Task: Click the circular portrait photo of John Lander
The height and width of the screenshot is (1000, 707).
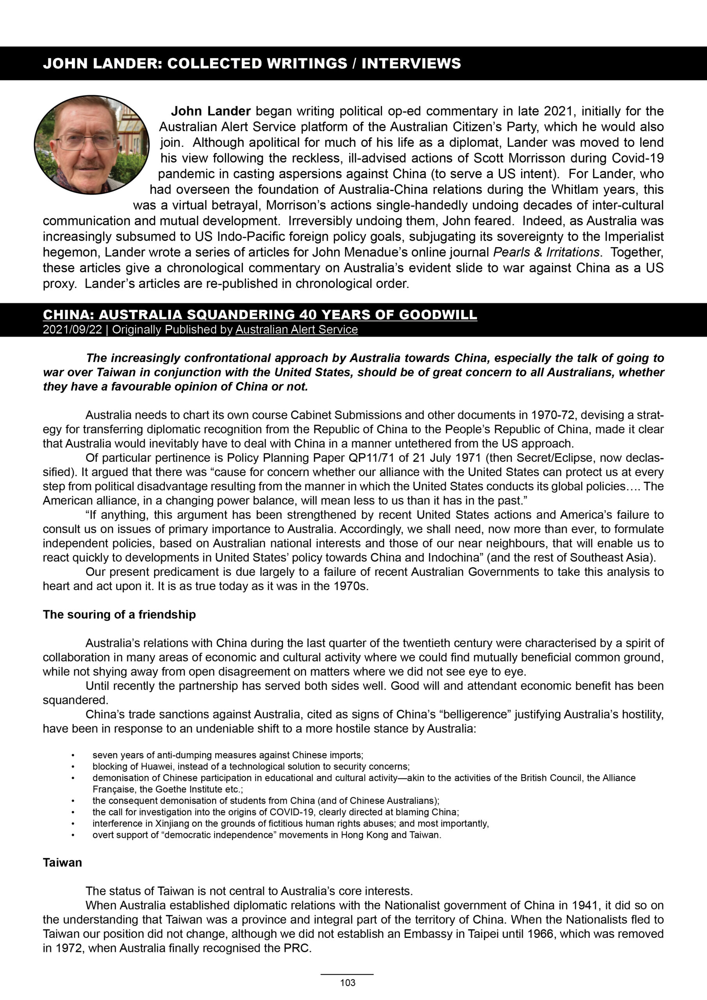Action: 92,145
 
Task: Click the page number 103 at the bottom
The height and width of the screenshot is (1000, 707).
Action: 348,982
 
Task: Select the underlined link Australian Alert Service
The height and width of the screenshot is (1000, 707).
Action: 296,330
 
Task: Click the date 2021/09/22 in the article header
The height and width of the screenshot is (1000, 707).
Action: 72,330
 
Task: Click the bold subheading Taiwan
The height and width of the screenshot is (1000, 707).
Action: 62,863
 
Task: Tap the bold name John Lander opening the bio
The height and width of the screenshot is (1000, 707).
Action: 211,111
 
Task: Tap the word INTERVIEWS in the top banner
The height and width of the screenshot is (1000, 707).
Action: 411,64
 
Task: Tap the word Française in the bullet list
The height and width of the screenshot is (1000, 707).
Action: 111,789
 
